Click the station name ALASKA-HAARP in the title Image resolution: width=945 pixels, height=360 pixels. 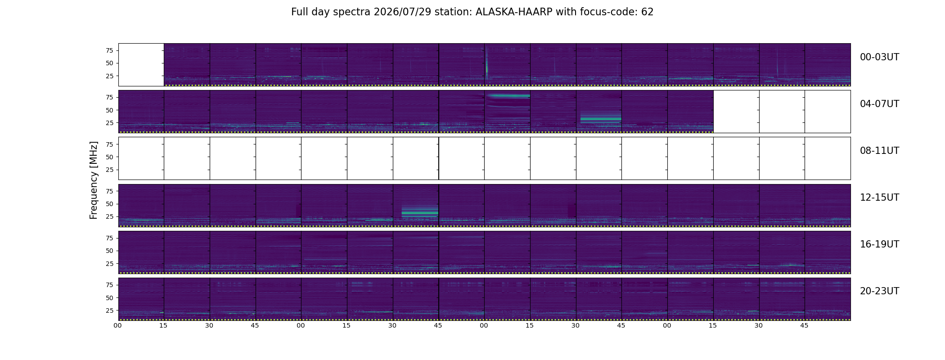pyautogui.click(x=514, y=12)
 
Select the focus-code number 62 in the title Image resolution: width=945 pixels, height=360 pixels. pyautogui.click(x=647, y=12)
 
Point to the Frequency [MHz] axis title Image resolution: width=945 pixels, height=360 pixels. pyautogui.click(x=94, y=180)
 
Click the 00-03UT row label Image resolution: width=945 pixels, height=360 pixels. pyautogui.click(x=879, y=57)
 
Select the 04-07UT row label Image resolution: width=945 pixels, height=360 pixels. pyautogui.click(x=879, y=104)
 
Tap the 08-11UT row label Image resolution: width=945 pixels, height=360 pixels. pyautogui.click(x=879, y=151)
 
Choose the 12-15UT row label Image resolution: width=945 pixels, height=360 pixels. pyautogui.click(x=879, y=198)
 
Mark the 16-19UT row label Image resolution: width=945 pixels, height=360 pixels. pyautogui.click(x=879, y=244)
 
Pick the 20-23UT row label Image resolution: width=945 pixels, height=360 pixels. pyautogui.click(x=879, y=291)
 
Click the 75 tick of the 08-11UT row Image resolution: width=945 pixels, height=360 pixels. pyautogui.click(x=109, y=144)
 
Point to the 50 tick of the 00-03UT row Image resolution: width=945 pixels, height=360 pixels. pyautogui.click(x=109, y=63)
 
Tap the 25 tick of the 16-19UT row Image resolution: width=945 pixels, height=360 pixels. pyautogui.click(x=109, y=264)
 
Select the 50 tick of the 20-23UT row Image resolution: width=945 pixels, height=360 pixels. pyautogui.click(x=109, y=298)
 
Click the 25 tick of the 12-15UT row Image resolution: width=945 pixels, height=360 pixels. pyautogui.click(x=109, y=217)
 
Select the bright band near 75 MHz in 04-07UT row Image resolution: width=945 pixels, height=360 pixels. pyautogui.click(x=507, y=96)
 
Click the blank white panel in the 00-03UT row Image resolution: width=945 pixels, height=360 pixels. pyautogui.click(x=141, y=65)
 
